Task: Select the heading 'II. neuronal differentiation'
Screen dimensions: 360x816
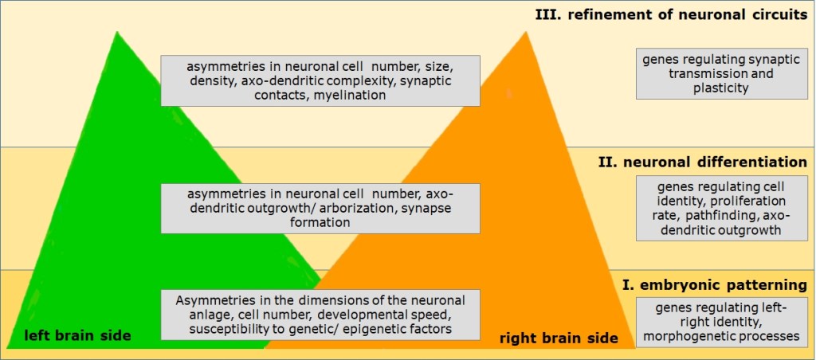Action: [702, 162]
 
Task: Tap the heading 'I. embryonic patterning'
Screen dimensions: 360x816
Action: [714, 284]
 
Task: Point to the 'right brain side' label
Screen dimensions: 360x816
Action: [559, 338]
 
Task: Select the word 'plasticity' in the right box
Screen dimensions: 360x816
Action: [721, 88]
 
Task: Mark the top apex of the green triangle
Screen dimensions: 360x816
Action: [117, 32]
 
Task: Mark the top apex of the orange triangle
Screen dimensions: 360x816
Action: [526, 32]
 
